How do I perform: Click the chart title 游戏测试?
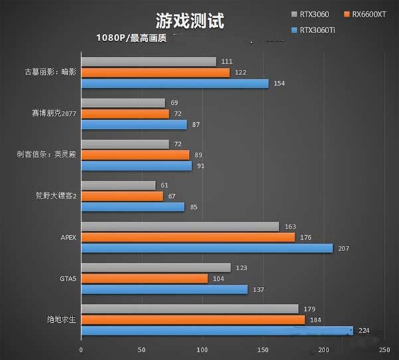tap(190, 20)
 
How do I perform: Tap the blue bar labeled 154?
tap(174, 84)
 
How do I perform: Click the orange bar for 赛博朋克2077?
tap(124, 114)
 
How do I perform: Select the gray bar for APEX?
tap(180, 226)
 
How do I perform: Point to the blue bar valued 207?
tap(206, 248)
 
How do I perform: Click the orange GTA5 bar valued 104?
tap(144, 278)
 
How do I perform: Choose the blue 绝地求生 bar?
tap(216, 330)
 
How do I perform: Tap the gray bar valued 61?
tap(118, 185)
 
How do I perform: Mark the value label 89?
tap(198, 155)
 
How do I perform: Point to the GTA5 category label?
tap(66, 278)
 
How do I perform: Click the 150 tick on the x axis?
tap(263, 350)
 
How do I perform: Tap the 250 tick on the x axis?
tap(384, 350)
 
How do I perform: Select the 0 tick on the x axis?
tap(81, 350)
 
